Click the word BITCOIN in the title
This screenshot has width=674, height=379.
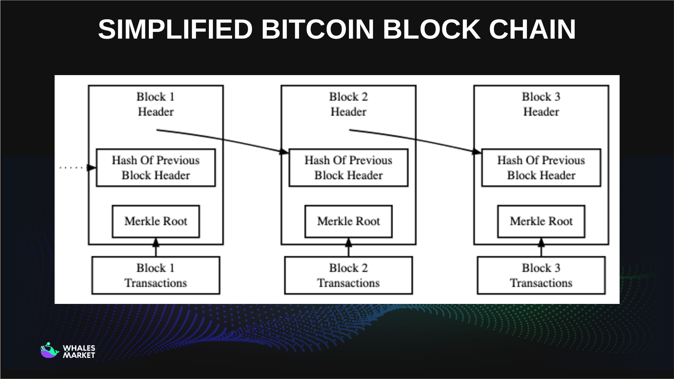tap(317, 29)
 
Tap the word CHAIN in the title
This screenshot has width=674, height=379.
tap(532, 29)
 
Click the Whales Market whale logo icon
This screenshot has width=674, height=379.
tap(49, 351)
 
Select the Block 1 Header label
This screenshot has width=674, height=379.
tap(156, 104)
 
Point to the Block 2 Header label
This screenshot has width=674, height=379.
tap(348, 104)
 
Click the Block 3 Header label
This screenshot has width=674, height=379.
tap(541, 104)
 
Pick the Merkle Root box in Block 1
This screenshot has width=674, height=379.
tap(156, 221)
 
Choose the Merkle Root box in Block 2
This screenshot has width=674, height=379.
tap(348, 221)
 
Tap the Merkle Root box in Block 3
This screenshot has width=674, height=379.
tap(541, 221)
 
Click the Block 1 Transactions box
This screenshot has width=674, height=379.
tap(156, 275)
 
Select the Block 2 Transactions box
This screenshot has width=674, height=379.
tap(348, 275)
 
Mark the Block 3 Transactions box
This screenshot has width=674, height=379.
tap(541, 275)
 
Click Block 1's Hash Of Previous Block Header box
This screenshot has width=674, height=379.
tap(156, 168)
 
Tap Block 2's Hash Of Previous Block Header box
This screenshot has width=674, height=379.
tap(348, 168)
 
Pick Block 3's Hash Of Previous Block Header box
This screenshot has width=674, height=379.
tap(541, 168)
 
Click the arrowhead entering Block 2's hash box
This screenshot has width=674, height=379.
tap(284, 152)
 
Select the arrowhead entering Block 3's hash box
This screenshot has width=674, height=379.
tap(477, 152)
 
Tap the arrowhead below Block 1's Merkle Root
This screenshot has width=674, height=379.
tap(156, 242)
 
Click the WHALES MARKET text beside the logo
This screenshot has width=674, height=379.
tap(79, 352)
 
